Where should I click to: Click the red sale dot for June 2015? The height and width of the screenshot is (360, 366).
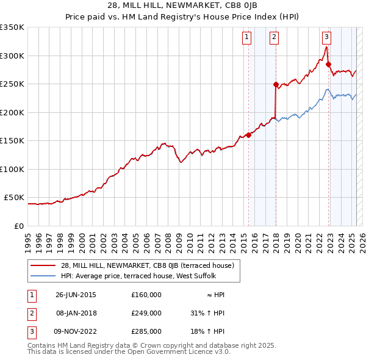coord(249,135)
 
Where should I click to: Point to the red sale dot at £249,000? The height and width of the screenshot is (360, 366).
coord(276,85)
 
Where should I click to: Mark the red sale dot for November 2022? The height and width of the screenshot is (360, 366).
coord(328,64)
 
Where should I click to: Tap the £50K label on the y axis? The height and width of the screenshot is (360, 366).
coord(14,198)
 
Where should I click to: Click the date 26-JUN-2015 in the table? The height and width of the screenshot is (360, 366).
coord(76,295)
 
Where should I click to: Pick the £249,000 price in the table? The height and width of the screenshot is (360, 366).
coord(146,313)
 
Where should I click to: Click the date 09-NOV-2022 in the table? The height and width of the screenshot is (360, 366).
coord(76,331)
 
